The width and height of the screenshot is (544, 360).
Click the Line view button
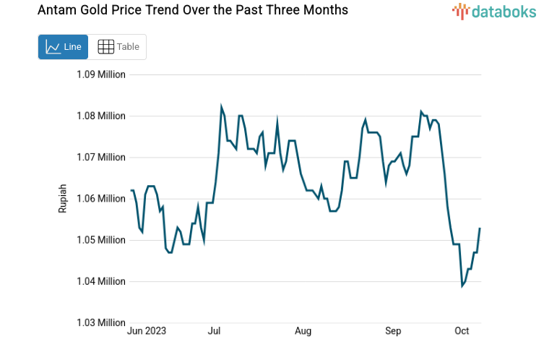(64, 47)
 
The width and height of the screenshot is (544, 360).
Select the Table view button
(118, 47)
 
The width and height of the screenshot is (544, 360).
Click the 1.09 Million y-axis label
(101, 74)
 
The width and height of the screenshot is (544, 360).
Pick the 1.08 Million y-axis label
(101, 116)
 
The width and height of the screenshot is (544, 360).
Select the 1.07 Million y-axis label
(101, 157)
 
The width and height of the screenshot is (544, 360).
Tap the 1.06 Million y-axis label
(101, 198)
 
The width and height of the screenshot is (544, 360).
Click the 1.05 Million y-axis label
(101, 240)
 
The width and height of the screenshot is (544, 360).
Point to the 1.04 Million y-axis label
(101, 281)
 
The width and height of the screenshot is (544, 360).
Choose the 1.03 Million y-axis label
(101, 322)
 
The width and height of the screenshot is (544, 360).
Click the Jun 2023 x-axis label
(147, 331)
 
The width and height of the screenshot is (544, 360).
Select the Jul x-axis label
(214, 331)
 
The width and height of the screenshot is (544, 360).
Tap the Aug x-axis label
(303, 331)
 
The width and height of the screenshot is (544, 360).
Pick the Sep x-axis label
(392, 331)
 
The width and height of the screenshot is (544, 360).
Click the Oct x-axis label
(462, 331)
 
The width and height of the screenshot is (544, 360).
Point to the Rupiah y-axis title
(63, 198)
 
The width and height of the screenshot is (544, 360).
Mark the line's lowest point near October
(462, 286)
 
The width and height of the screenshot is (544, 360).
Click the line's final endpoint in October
(480, 228)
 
